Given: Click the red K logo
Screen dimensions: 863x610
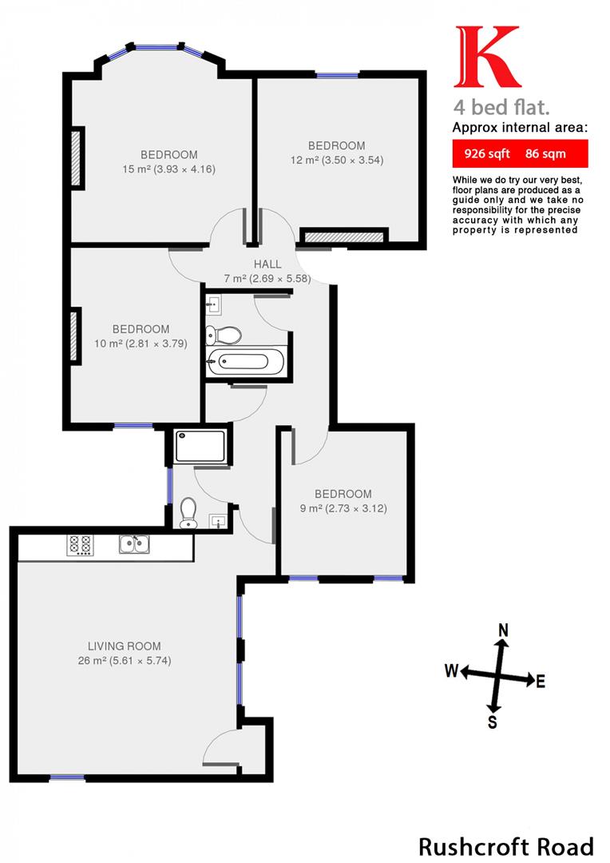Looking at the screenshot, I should point(487,58).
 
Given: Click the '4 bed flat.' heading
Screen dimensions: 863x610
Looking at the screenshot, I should point(501,106).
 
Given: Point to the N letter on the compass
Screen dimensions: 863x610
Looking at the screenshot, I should point(503,630).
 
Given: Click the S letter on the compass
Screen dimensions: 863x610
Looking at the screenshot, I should point(493,723).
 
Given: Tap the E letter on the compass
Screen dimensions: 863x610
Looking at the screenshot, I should point(541,682).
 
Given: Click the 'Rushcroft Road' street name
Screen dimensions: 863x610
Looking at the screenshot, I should point(506,845).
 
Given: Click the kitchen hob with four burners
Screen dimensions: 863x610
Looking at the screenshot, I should point(80,544).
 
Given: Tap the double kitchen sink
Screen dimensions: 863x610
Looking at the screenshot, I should point(134,544).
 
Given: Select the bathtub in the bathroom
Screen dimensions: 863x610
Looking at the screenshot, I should point(245,361).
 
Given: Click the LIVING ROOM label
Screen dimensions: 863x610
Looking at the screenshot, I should point(125,646).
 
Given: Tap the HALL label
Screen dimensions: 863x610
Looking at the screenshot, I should point(267,264).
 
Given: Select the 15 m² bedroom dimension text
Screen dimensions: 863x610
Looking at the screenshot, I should point(169,169).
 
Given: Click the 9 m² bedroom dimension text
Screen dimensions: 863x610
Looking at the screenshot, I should point(343,508).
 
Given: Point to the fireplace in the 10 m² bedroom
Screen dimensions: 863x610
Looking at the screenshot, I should point(76,336).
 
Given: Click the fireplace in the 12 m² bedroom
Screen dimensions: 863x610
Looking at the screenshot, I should point(343,237).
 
